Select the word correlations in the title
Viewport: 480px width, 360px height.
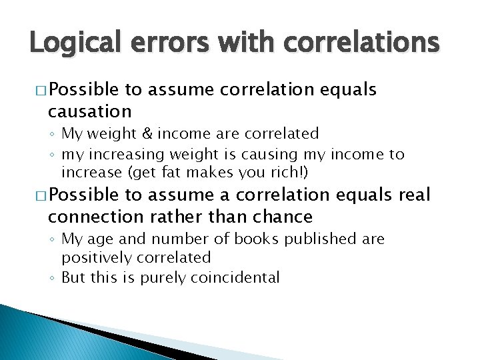[x=360, y=43]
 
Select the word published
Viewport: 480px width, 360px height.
[x=315, y=239]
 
